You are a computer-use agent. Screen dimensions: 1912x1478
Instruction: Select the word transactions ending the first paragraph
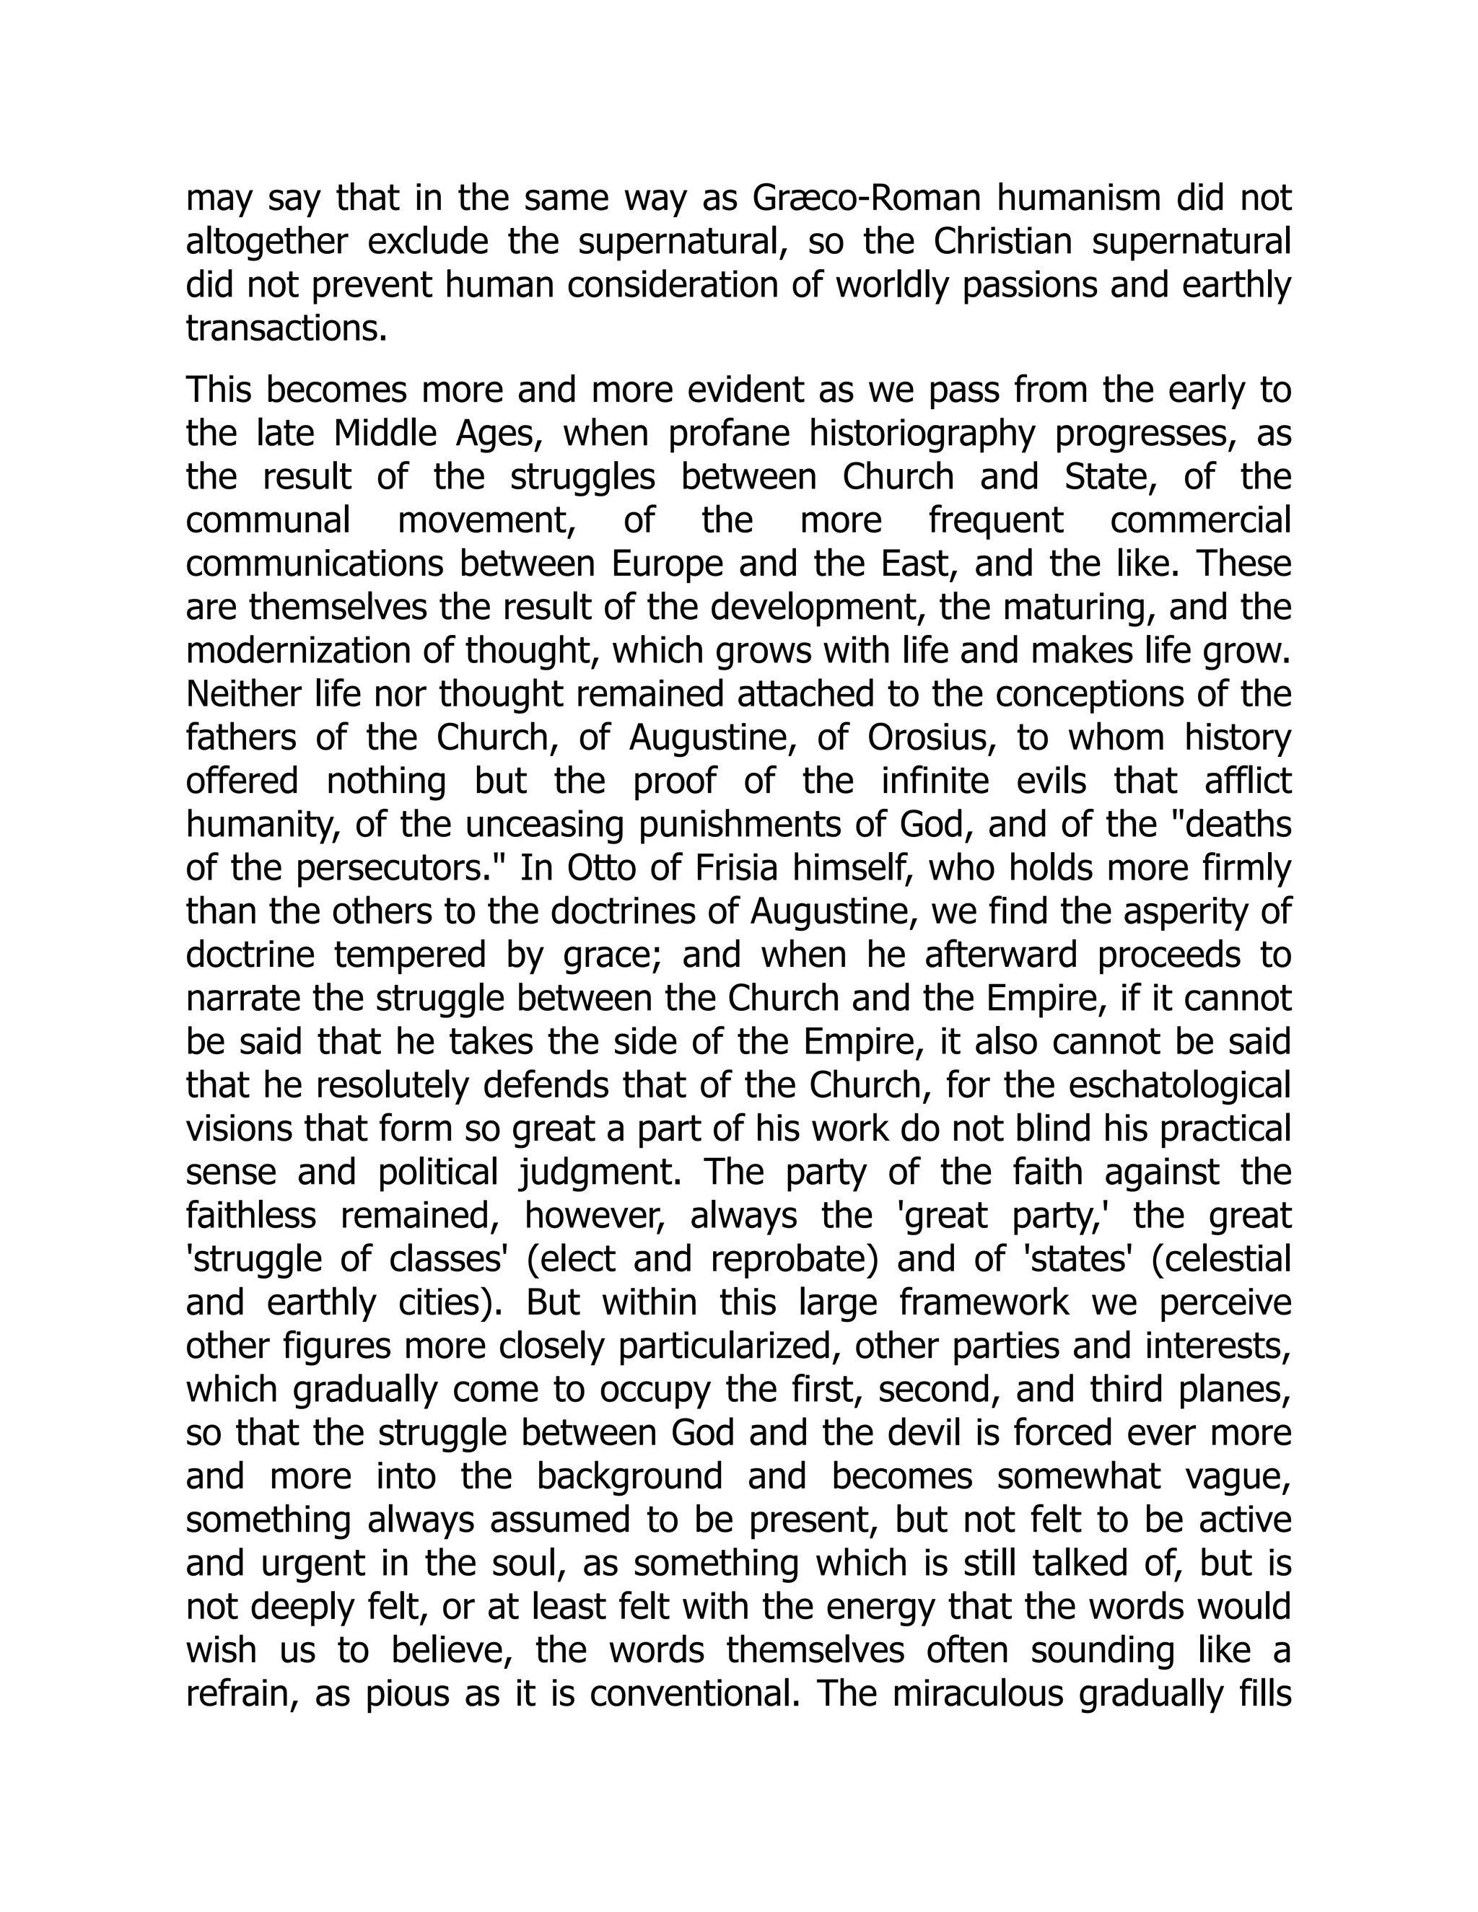[287, 329]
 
